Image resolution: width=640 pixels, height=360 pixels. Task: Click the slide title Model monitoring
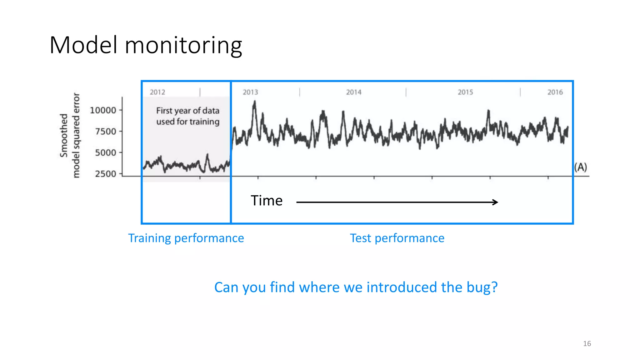(146, 45)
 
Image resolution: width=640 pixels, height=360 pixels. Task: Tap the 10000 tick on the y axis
(103, 110)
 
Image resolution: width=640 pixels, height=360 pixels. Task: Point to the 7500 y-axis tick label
(106, 132)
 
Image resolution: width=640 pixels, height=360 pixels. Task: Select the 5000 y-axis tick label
(106, 153)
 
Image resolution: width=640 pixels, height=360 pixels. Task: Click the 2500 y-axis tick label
(106, 174)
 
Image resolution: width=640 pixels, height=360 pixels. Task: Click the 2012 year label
(157, 92)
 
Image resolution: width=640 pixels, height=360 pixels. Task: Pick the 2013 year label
(250, 92)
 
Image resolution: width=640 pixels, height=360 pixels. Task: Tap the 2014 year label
(353, 92)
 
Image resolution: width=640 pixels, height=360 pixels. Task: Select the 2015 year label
(465, 92)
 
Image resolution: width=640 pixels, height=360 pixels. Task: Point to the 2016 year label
(555, 92)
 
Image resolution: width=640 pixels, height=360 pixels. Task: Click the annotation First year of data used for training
(188, 116)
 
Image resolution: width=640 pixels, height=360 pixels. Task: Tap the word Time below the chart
(267, 201)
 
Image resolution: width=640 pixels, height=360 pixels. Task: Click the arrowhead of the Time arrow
(495, 202)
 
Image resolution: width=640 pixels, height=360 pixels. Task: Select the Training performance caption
(186, 238)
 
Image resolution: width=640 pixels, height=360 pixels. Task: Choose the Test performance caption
(397, 238)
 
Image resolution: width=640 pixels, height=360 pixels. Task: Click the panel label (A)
(581, 167)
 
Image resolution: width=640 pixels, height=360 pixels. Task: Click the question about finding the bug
(356, 287)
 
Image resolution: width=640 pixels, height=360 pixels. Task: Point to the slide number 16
(587, 344)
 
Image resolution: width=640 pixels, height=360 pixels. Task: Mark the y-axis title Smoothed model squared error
(70, 135)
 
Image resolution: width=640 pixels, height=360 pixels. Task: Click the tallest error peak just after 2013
(255, 102)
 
